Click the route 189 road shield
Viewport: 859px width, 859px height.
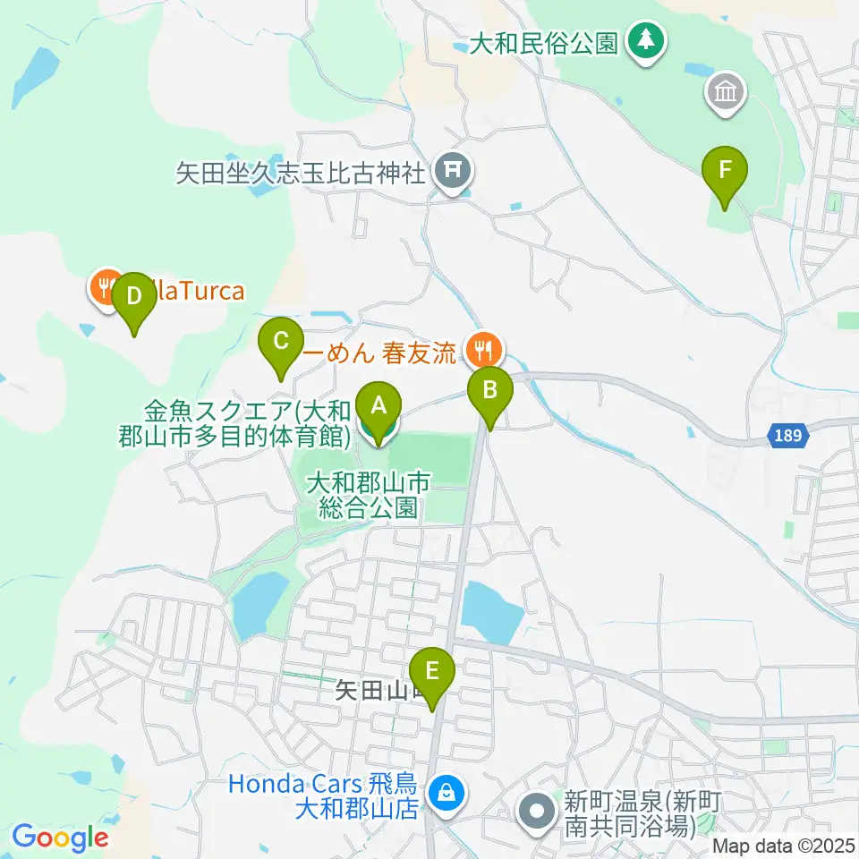click(x=789, y=436)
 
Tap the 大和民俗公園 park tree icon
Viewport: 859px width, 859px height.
click(x=644, y=41)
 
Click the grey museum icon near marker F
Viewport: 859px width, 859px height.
click(x=727, y=93)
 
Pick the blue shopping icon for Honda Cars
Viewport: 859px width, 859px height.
click(x=445, y=792)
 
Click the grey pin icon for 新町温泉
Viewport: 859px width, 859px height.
click(x=538, y=814)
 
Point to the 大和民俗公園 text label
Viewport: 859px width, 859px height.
click(x=546, y=43)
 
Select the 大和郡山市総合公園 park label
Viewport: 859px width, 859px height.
click(x=369, y=496)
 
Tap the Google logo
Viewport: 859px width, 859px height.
click(x=60, y=838)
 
